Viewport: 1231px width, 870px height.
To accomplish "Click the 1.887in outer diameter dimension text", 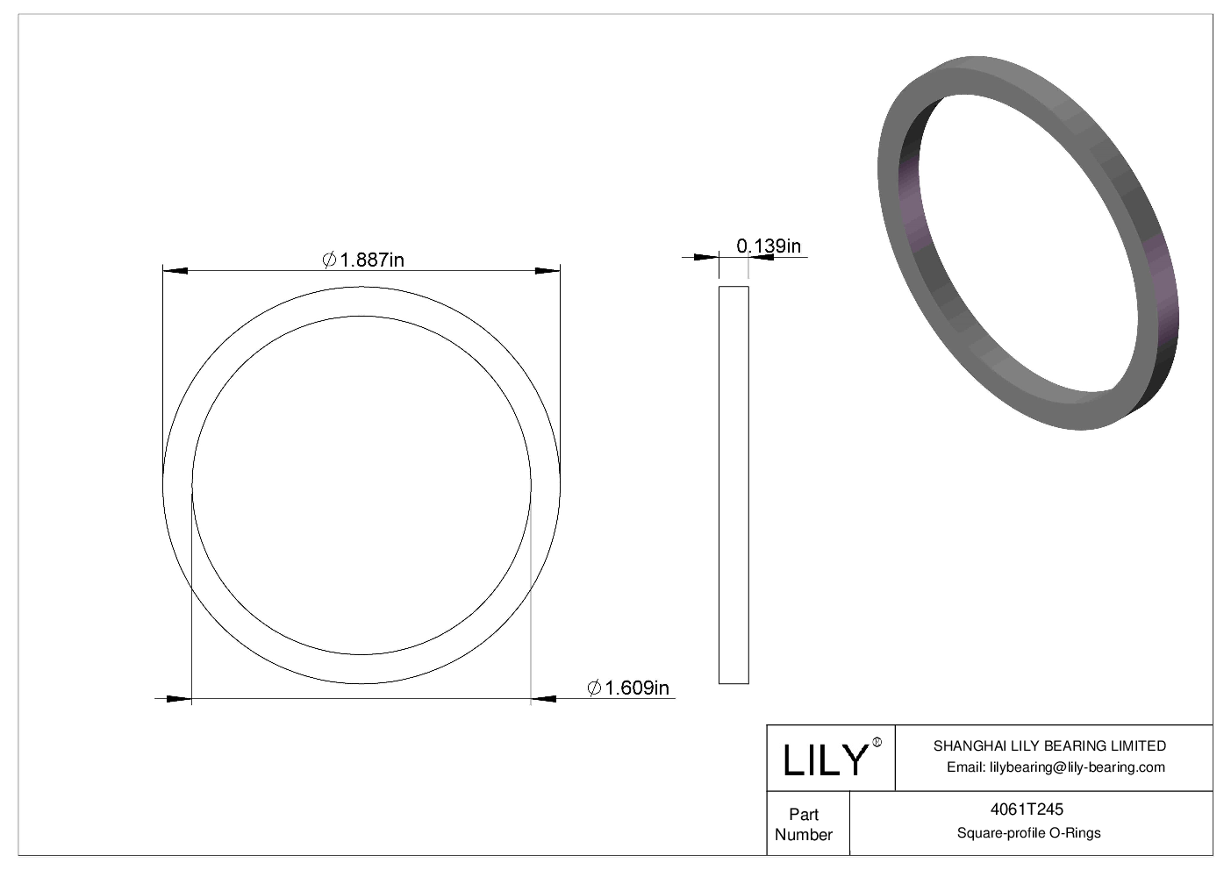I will point(371,260).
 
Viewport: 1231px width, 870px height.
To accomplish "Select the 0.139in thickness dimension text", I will point(769,246).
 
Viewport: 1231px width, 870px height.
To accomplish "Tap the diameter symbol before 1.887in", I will point(330,260).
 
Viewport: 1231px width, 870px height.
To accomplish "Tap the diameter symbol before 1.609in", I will point(594,688).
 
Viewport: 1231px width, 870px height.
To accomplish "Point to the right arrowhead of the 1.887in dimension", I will point(548,270).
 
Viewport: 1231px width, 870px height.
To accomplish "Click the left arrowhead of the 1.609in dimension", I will point(179,699).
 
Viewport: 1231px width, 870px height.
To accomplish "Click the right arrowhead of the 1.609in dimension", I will point(544,699).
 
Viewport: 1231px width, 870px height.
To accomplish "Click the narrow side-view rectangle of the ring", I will point(734,484).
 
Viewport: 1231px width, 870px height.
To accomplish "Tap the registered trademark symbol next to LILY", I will point(877,744).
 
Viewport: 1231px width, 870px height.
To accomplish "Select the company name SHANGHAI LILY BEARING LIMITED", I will point(1049,745).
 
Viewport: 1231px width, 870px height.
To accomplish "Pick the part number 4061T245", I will point(1029,810).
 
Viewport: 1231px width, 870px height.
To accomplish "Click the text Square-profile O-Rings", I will point(1029,832).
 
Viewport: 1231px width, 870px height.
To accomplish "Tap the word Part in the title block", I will point(803,814).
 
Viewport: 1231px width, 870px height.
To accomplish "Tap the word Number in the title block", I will point(803,834).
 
